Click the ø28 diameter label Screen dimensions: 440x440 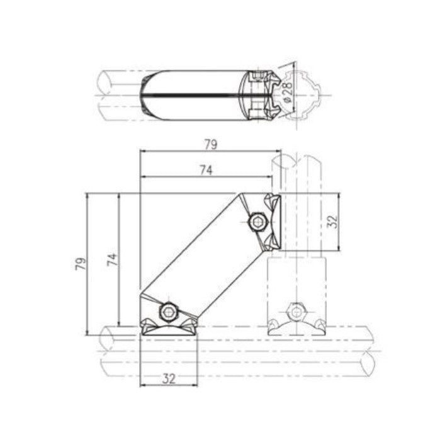(x=286, y=91)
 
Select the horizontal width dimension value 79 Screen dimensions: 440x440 (x=210, y=144)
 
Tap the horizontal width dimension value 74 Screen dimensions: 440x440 (x=206, y=169)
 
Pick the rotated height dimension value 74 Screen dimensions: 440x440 (x=111, y=259)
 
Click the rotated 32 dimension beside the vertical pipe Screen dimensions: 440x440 (x=333, y=221)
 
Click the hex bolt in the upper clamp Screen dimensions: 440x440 (x=257, y=222)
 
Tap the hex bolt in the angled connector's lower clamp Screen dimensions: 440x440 (x=168, y=311)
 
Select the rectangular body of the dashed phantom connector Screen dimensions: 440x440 (x=296, y=286)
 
